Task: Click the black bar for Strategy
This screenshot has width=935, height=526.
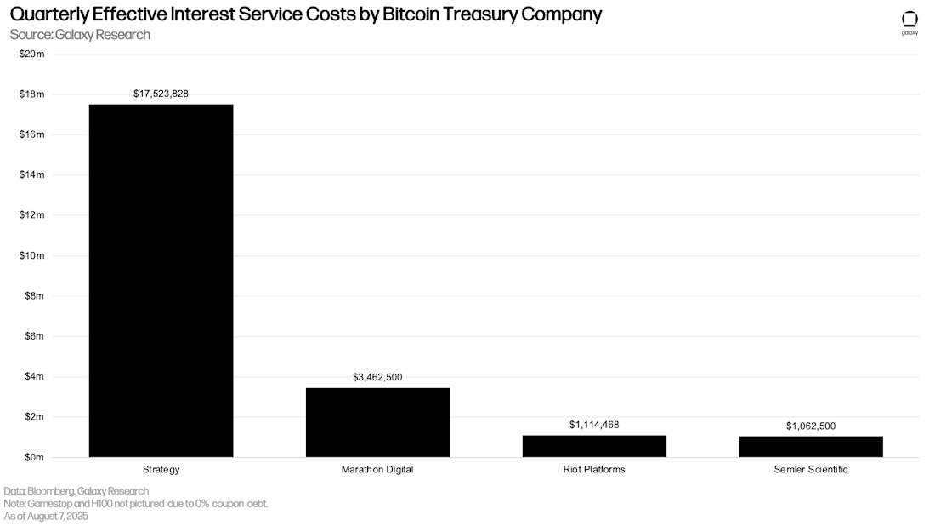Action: (x=161, y=281)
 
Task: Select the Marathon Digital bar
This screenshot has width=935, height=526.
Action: (x=377, y=422)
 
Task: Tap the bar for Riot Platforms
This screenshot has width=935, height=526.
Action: (x=594, y=446)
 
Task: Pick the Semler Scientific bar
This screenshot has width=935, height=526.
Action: (x=811, y=447)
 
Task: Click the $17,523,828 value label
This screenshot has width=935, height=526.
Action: (x=161, y=94)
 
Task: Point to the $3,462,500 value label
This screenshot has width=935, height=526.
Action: (x=377, y=377)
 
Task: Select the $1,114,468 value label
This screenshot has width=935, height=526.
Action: (x=594, y=424)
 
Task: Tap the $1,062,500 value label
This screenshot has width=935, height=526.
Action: (x=811, y=425)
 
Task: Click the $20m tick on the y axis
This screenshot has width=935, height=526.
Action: (x=31, y=54)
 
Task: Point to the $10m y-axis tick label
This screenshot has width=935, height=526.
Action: (x=31, y=255)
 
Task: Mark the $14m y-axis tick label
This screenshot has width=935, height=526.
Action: (x=31, y=174)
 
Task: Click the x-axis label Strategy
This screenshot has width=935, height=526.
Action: (x=161, y=470)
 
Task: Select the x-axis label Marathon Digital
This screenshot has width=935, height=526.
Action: (x=377, y=470)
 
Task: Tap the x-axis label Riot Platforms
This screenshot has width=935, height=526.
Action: (x=594, y=470)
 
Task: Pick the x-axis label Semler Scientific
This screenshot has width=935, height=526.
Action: (x=811, y=470)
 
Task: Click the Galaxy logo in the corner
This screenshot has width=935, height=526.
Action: (x=909, y=22)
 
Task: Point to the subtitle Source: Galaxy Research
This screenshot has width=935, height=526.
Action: (x=80, y=35)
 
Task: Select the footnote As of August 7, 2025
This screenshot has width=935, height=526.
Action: (x=46, y=516)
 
